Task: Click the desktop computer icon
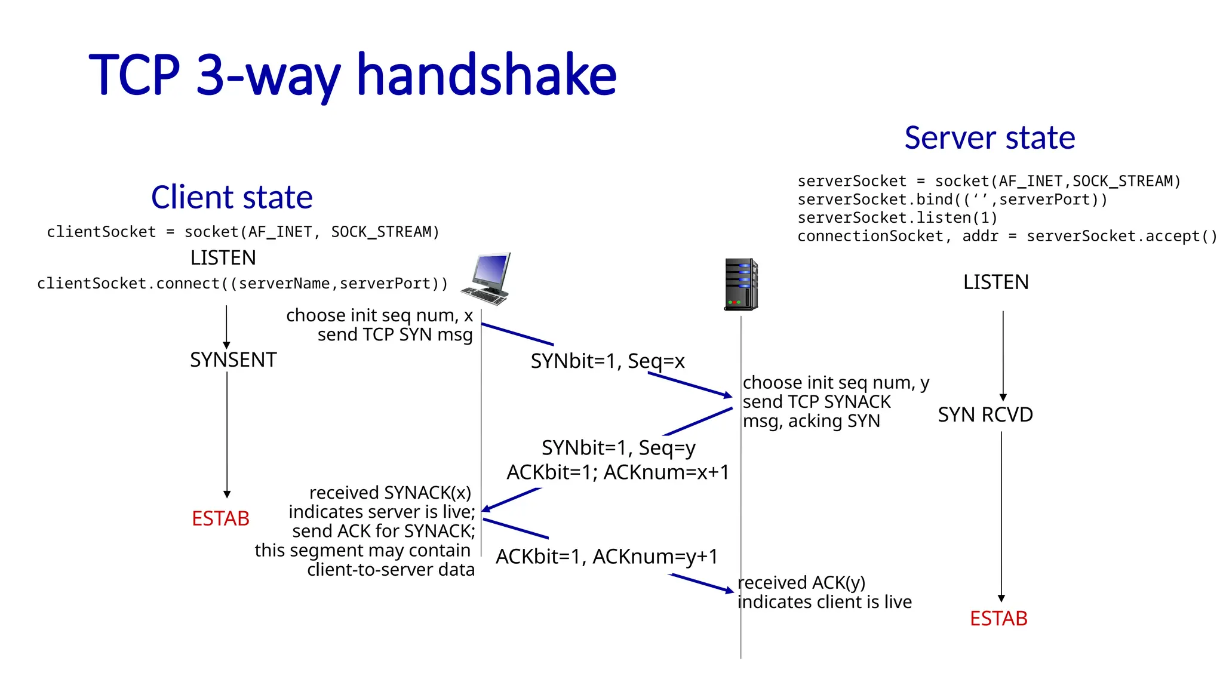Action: click(x=487, y=278)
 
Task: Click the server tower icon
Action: click(x=740, y=284)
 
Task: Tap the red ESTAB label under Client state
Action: click(x=220, y=518)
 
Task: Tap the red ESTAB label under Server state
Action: click(x=998, y=619)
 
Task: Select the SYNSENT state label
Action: click(x=233, y=360)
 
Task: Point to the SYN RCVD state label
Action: click(x=985, y=414)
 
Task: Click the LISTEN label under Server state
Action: click(x=995, y=282)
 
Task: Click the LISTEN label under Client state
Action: click(x=223, y=258)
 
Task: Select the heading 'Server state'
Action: click(x=990, y=138)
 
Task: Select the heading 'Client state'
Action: click(x=232, y=198)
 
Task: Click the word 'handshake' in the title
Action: click(x=486, y=75)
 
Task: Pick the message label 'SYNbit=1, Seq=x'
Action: click(x=607, y=361)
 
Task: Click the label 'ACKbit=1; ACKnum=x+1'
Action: click(x=617, y=472)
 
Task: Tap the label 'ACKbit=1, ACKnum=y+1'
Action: click(x=607, y=557)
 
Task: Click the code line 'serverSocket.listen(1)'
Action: click(x=897, y=218)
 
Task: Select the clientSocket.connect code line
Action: click(x=242, y=284)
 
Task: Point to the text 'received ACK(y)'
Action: click(x=801, y=582)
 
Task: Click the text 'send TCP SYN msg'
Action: click(x=395, y=334)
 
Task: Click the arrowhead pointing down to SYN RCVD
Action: click(x=1003, y=397)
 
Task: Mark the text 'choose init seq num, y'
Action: click(x=835, y=383)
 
